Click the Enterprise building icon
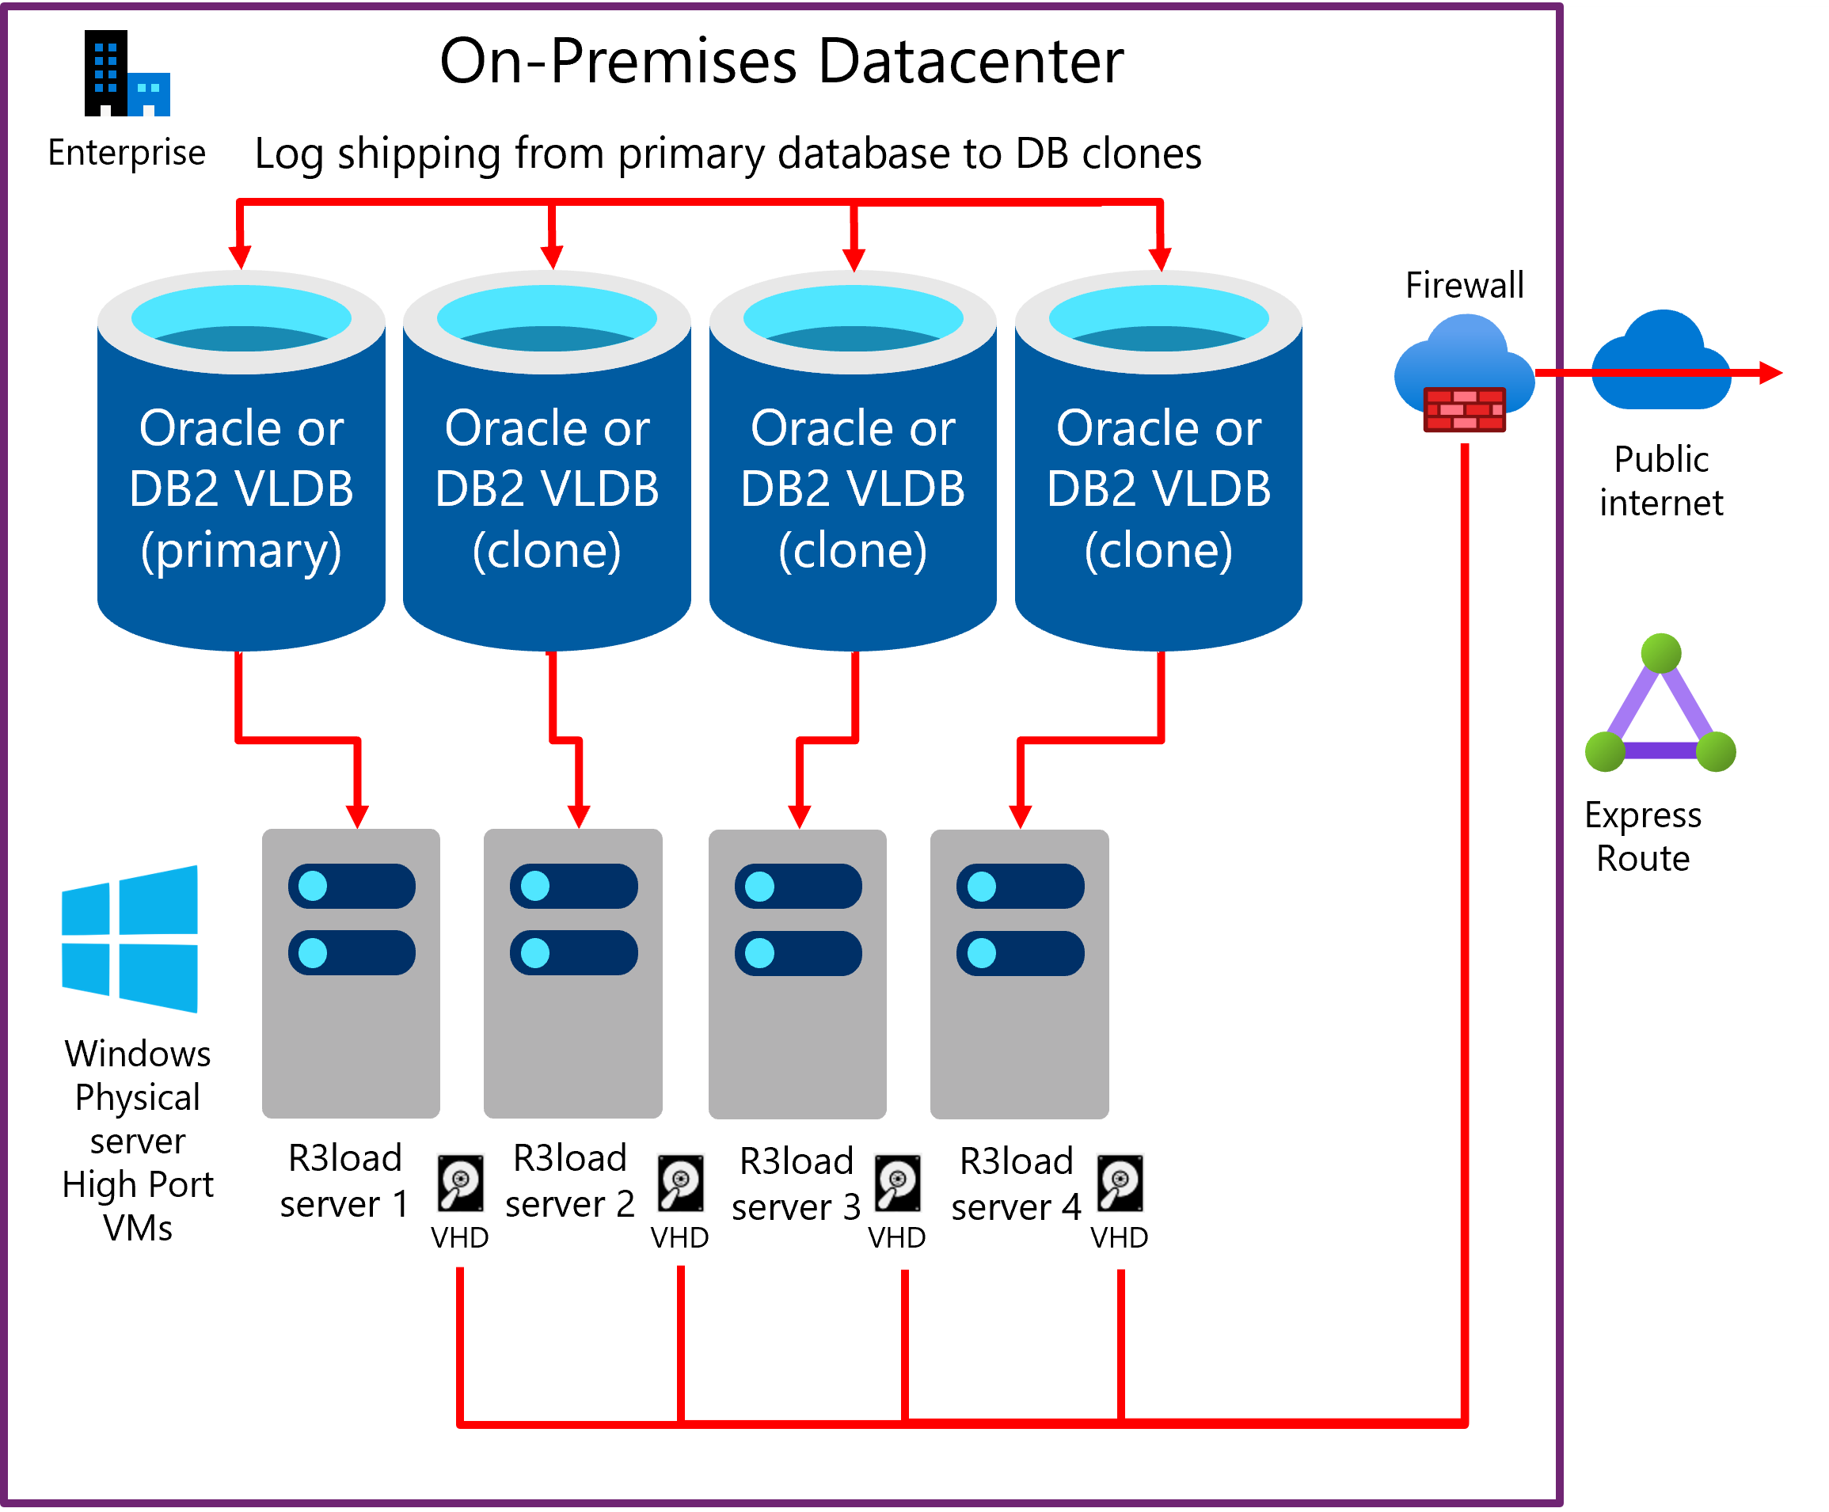[x=127, y=74]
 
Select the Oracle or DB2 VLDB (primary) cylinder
[x=241, y=462]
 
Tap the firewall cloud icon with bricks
[x=1464, y=374]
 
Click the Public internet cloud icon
[x=1660, y=362]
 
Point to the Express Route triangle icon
[x=1660, y=705]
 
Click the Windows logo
[x=131, y=938]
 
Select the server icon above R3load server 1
[x=351, y=973]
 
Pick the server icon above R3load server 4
[x=1019, y=974]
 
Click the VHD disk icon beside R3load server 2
[x=680, y=1183]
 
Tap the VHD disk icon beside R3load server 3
[x=897, y=1183]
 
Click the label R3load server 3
[x=796, y=1183]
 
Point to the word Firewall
[x=1464, y=285]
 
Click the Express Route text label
[x=1643, y=836]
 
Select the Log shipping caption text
[x=727, y=154]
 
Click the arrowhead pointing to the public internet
[x=1770, y=373]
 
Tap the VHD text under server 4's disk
[x=1120, y=1237]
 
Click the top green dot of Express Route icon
[x=1660, y=653]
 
